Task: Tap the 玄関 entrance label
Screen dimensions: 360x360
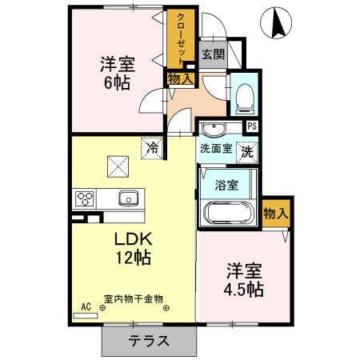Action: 212,54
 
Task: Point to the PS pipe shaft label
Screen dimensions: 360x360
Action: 252,126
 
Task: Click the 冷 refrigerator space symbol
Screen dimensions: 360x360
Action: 151,146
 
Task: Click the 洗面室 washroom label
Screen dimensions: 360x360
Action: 215,149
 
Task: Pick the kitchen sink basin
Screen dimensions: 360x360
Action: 128,198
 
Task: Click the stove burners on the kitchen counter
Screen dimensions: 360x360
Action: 85,198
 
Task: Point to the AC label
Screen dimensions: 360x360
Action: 86,305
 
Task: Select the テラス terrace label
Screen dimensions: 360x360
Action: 149,339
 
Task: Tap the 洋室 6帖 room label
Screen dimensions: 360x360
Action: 116,74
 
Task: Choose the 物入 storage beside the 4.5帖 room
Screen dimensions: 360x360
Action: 275,214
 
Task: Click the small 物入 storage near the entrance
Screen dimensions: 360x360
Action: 180,78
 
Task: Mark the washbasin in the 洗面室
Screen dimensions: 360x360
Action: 213,130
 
